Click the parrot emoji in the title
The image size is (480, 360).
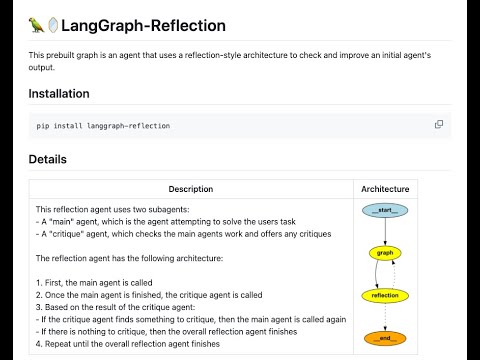[37, 26]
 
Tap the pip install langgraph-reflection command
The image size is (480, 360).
[103, 126]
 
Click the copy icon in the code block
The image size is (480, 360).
[439, 125]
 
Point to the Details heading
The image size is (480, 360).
[47, 159]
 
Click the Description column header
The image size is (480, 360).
[190, 189]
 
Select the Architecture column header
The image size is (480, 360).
[385, 189]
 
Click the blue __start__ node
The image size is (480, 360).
[385, 210]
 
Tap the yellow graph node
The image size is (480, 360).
[385, 253]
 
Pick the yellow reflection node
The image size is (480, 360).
[385, 296]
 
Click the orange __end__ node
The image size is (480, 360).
[385, 338]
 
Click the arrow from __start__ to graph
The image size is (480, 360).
[385, 231]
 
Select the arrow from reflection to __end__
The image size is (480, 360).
[385, 317]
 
